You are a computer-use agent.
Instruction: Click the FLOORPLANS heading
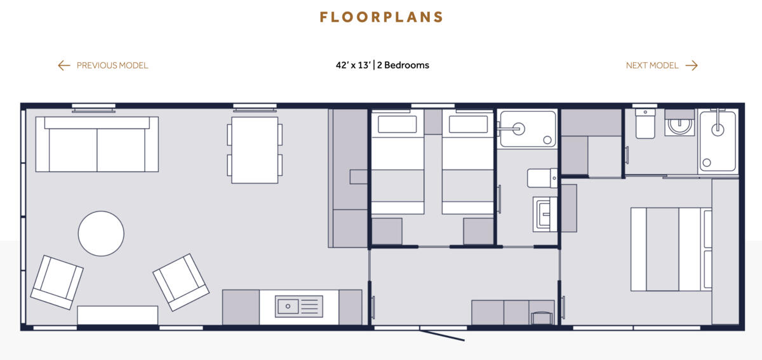click(x=381, y=17)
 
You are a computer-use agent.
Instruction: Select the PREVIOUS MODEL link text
click(x=112, y=65)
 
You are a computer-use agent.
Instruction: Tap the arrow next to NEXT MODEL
click(x=692, y=65)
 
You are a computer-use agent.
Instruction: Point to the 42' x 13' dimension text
click(x=352, y=65)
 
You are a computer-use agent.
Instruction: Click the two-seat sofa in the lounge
click(x=97, y=145)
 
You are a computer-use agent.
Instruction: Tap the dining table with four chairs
click(x=255, y=150)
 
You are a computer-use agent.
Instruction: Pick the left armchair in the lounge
click(x=57, y=281)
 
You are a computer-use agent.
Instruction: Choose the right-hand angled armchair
click(x=180, y=282)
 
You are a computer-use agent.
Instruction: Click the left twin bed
click(x=397, y=163)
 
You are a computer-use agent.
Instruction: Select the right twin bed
click(x=468, y=163)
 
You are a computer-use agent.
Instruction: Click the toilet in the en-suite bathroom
click(x=645, y=123)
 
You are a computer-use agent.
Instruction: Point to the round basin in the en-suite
click(x=680, y=125)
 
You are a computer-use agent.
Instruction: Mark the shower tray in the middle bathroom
click(x=528, y=129)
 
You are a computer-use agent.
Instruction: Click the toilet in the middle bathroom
click(x=541, y=178)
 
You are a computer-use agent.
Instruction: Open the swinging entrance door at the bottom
click(x=443, y=334)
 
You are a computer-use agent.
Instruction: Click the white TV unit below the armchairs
click(x=117, y=315)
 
